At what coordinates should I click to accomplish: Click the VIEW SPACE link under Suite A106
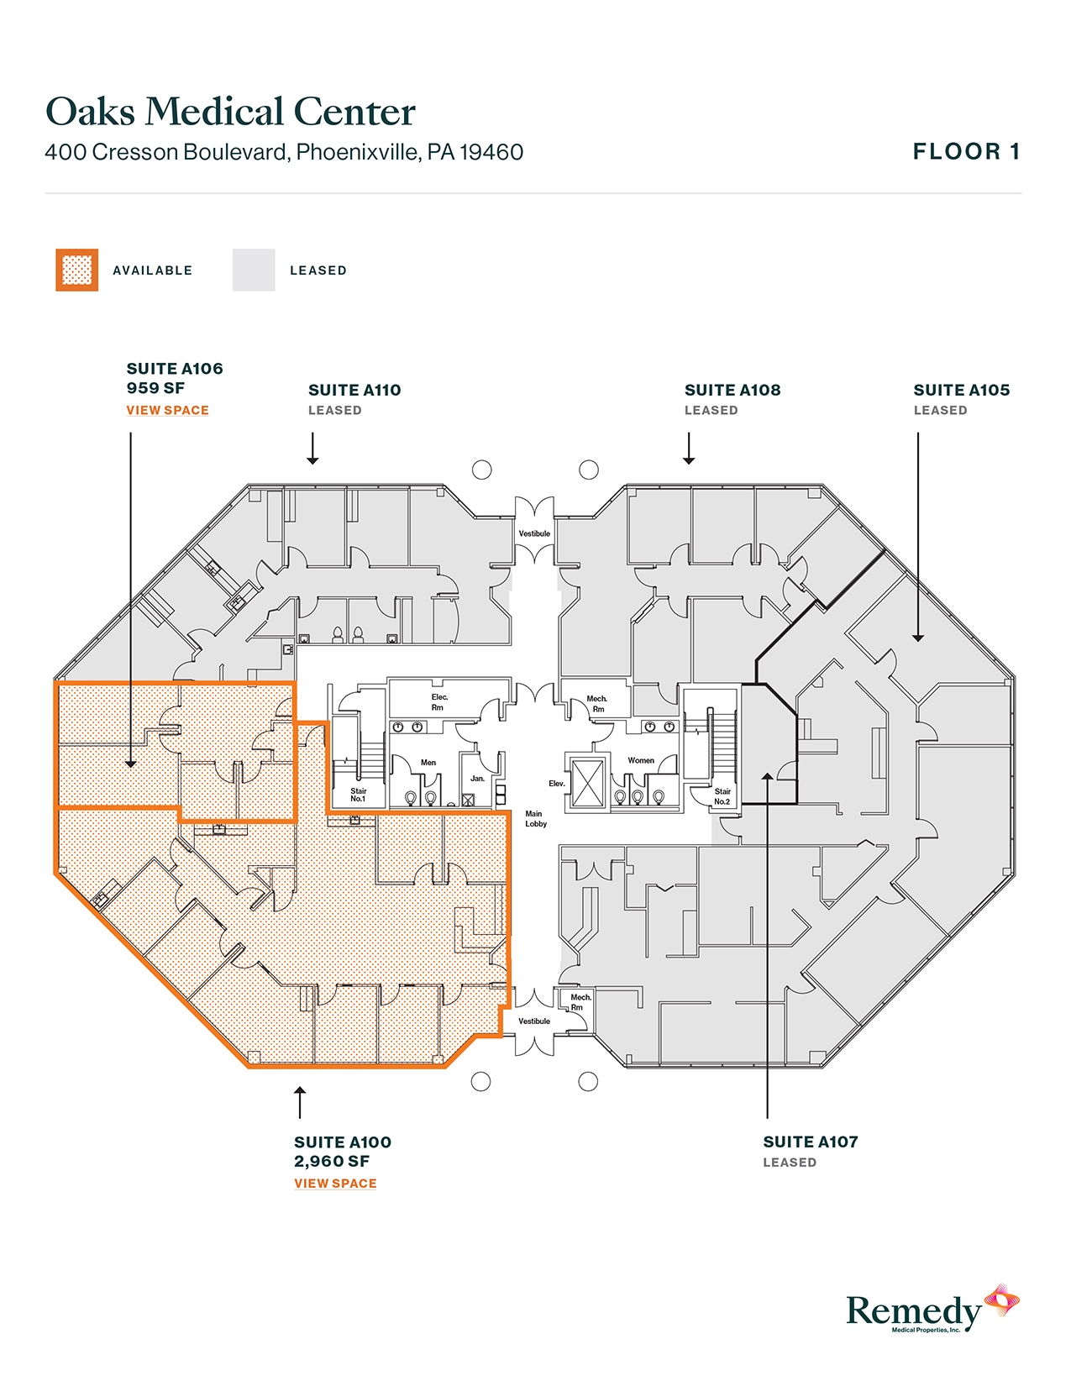click(167, 410)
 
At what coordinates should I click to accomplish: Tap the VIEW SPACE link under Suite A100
click(335, 1183)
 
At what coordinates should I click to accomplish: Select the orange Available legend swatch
click(77, 270)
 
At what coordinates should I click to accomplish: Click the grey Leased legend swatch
click(254, 270)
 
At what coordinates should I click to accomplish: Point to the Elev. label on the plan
click(557, 784)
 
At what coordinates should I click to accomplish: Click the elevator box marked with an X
click(587, 781)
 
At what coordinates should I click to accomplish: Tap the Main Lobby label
click(535, 819)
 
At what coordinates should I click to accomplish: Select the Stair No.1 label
click(359, 795)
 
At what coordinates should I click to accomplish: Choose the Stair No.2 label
click(722, 796)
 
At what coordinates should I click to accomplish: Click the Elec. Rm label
click(439, 702)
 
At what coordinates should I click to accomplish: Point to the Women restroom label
click(641, 760)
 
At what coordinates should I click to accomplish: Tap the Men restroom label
click(428, 763)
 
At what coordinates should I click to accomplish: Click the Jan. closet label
click(477, 779)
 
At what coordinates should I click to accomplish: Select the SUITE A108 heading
click(732, 390)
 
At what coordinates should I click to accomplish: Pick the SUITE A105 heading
click(962, 390)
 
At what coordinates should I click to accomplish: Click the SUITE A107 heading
click(811, 1142)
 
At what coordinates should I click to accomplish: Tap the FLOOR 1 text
click(966, 152)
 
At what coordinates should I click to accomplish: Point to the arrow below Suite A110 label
click(312, 449)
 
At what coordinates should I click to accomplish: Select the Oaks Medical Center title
click(231, 112)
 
